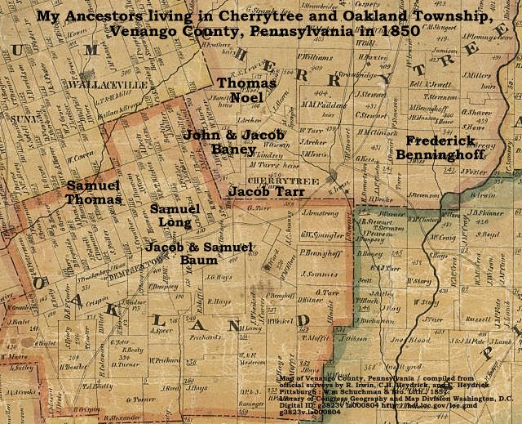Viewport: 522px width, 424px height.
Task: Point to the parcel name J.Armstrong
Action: pyautogui.click(x=320, y=212)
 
